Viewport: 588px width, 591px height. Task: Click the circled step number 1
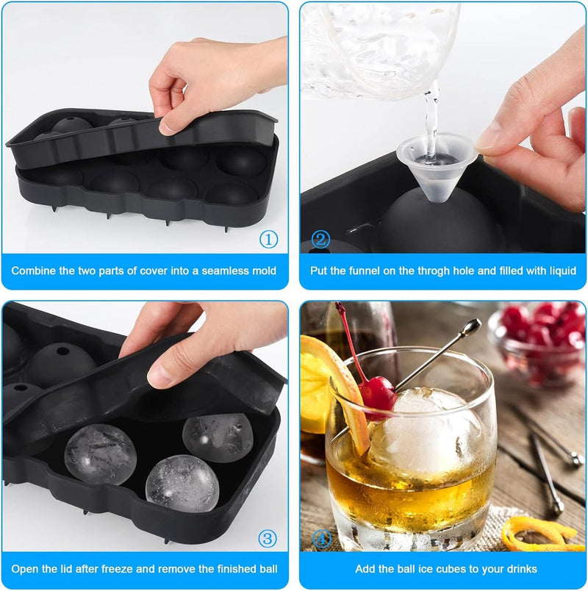tap(268, 240)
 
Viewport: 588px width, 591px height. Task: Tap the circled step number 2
tap(320, 240)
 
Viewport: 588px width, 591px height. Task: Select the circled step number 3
tap(268, 538)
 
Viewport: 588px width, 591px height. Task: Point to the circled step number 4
tap(321, 538)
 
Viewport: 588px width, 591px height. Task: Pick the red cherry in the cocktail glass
tap(377, 396)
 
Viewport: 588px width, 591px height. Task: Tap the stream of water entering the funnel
tap(431, 121)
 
